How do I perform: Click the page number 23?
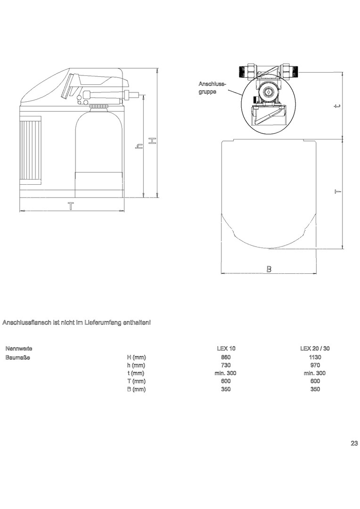354,443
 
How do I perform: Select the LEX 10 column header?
226,349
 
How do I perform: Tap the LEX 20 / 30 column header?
315,349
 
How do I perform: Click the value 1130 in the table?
315,357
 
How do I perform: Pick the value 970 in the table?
315,365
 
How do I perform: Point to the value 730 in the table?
226,365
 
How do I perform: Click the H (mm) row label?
136,357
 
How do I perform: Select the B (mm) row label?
136,389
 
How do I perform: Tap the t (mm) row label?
136,373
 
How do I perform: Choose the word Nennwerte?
19,349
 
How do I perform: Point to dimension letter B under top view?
269,269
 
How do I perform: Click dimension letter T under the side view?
71,206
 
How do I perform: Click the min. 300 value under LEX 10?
226,373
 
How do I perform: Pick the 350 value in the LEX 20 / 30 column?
315,389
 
